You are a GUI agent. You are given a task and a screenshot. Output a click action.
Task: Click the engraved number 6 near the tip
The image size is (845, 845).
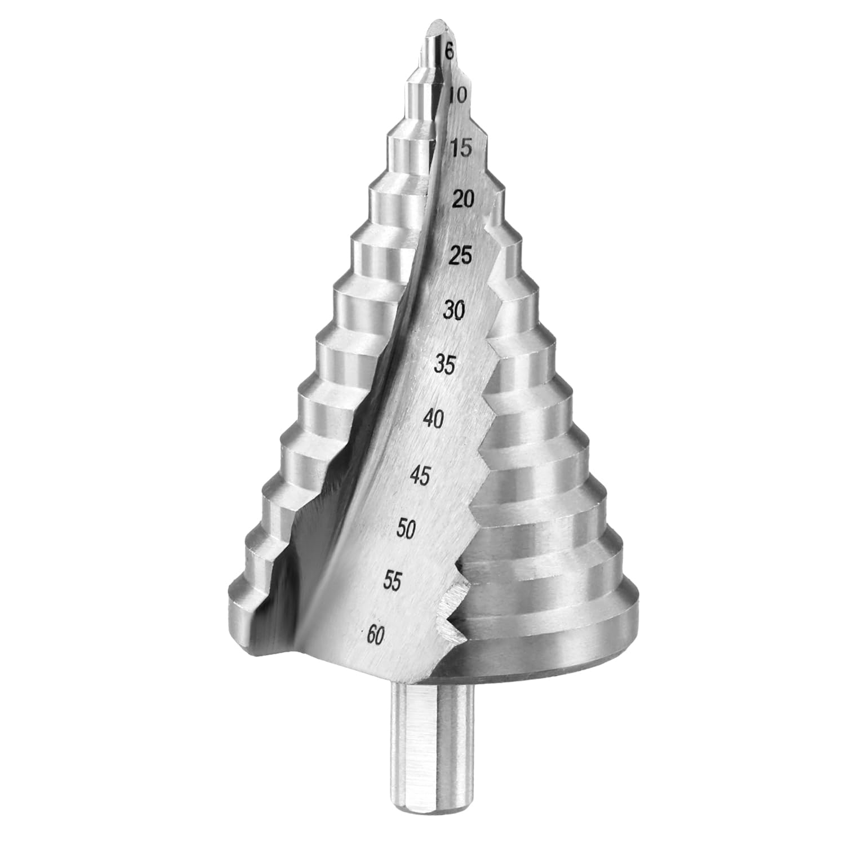[449, 52]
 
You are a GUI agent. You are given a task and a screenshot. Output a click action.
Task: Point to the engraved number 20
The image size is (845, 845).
[463, 199]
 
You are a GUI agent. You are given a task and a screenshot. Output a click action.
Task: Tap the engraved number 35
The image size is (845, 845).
[445, 365]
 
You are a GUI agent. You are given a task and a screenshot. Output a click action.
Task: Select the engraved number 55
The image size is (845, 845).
[392, 580]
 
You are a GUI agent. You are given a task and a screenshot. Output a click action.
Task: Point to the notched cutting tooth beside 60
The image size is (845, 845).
[451, 614]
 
